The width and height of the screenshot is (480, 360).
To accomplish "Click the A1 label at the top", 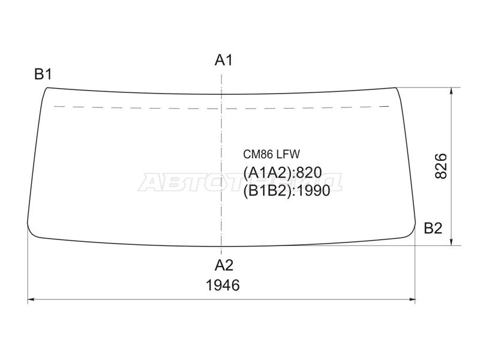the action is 224,60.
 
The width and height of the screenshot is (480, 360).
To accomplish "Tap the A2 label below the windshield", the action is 224,265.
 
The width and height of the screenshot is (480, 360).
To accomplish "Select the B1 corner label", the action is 43,74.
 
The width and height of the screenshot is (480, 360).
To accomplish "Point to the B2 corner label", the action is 433,228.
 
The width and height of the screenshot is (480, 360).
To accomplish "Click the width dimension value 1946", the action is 223,286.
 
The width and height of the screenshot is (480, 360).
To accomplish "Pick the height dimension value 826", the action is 441,166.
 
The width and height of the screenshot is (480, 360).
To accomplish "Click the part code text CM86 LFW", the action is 272,154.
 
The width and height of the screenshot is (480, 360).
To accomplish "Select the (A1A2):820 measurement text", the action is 283,173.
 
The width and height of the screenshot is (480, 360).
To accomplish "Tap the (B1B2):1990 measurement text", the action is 287,191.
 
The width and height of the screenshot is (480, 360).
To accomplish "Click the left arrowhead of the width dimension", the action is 30,299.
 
